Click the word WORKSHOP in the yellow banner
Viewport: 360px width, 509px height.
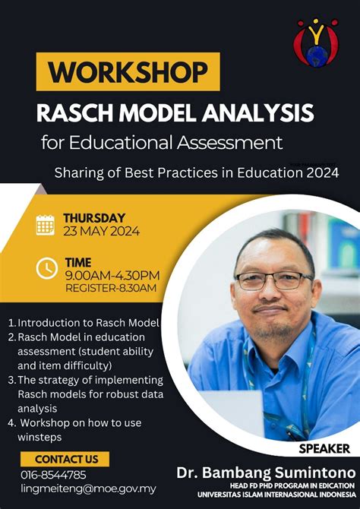tap(128, 72)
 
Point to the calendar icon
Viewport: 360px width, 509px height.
tap(46, 224)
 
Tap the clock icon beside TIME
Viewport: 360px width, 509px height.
tap(46, 267)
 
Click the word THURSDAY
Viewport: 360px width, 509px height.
tap(94, 218)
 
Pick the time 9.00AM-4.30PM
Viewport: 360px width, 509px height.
tap(112, 275)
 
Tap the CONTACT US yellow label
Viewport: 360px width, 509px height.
tap(66, 459)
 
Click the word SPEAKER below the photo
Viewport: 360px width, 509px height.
tap(324, 448)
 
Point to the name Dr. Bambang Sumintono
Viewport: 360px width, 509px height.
tap(266, 473)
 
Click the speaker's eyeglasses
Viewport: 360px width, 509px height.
tap(273, 280)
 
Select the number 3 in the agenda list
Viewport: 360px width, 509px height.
tap(11, 379)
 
